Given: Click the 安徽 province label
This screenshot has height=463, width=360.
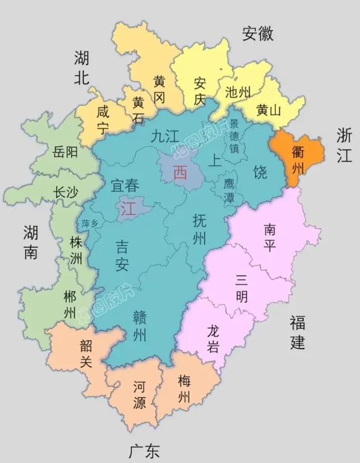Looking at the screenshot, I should (x=258, y=34).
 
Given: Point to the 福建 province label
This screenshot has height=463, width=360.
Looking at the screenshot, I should (x=297, y=332).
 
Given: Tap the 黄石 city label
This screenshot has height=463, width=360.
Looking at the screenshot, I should (x=138, y=109).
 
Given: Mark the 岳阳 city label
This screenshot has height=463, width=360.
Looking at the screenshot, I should (x=65, y=153).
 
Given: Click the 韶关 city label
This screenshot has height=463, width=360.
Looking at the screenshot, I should (x=86, y=353).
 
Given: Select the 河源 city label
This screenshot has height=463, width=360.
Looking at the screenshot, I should (x=139, y=395).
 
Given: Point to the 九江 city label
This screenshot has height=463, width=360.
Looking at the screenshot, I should (x=165, y=137).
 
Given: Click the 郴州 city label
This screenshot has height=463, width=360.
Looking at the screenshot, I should (x=69, y=304).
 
